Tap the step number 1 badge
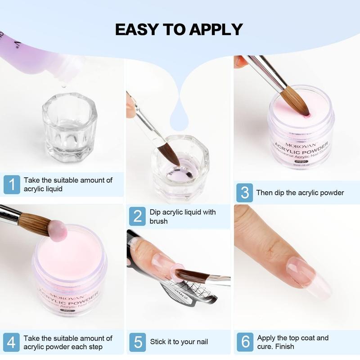click(x=12, y=184)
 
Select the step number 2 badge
click(x=137, y=216)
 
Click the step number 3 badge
click(x=245, y=193)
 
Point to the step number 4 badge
click(x=12, y=342)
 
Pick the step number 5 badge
click(x=137, y=342)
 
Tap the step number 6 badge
click(x=245, y=342)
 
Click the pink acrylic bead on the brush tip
click(x=58, y=230)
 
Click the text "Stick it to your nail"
click(x=179, y=342)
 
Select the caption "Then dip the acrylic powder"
click(x=300, y=193)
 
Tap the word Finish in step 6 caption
click(x=284, y=347)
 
